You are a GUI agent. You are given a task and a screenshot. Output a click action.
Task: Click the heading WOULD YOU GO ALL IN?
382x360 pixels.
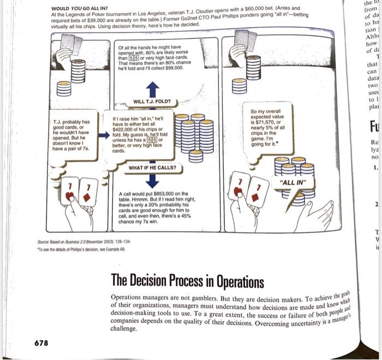[x=79, y=9]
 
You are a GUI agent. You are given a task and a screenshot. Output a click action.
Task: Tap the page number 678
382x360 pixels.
[x=41, y=343]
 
